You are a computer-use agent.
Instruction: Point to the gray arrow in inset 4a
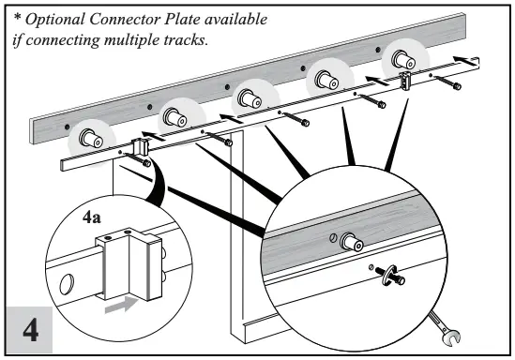point(119,304)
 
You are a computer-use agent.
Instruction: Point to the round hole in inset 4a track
point(68,283)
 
